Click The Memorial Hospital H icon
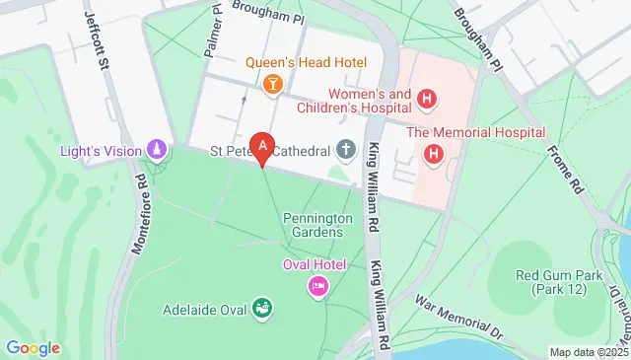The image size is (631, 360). pyautogui.click(x=433, y=154)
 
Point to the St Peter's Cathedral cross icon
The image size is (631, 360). pyautogui.click(x=346, y=150)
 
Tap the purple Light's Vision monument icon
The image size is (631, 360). pyautogui.click(x=155, y=150)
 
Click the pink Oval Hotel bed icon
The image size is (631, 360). pyautogui.click(x=318, y=286)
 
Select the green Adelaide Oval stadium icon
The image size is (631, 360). pyautogui.click(x=262, y=310)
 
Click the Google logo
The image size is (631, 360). pyautogui.click(x=33, y=347)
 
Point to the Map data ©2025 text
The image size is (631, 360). pyautogui.click(x=588, y=352)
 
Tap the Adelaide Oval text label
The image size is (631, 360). pyautogui.click(x=203, y=311)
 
